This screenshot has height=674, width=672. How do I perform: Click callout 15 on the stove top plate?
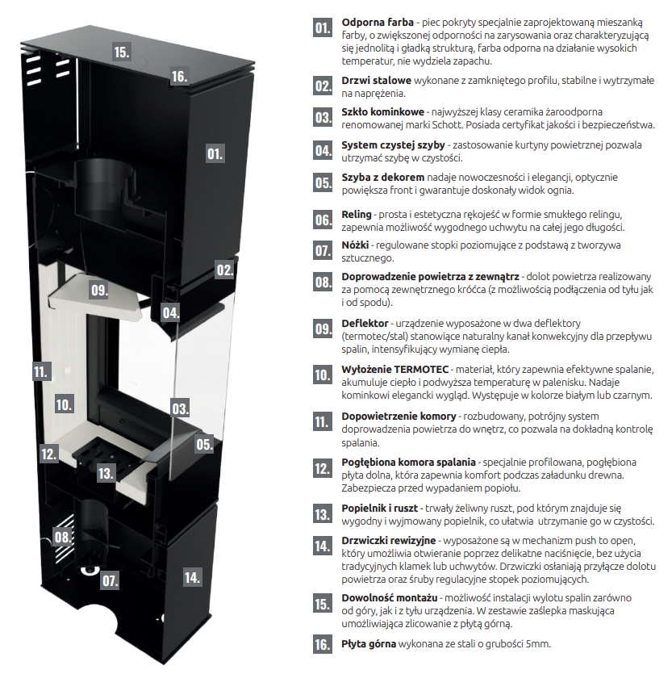point(122,52)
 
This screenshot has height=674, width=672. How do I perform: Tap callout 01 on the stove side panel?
point(215,154)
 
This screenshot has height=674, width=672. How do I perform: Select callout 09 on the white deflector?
point(99,290)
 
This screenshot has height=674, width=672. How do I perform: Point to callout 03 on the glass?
point(180,408)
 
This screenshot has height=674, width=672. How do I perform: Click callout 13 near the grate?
point(105,474)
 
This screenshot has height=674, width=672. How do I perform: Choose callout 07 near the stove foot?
point(110,581)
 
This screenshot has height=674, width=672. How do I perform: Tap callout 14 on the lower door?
point(192,577)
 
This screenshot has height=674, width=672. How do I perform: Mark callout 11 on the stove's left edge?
point(41,372)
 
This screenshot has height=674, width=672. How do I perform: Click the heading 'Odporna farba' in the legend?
point(378,23)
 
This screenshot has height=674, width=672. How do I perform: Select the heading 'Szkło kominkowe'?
point(383,112)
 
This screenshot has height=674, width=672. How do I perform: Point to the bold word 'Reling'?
point(357,215)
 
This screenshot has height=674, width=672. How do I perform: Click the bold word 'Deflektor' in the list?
point(365,323)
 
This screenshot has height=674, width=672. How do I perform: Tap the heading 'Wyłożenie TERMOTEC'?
point(394,369)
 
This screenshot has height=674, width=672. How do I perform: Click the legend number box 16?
point(323,644)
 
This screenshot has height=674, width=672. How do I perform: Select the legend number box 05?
point(323,182)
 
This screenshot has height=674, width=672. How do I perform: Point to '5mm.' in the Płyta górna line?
point(538,644)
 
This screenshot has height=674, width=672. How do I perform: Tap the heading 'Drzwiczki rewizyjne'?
point(388,541)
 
